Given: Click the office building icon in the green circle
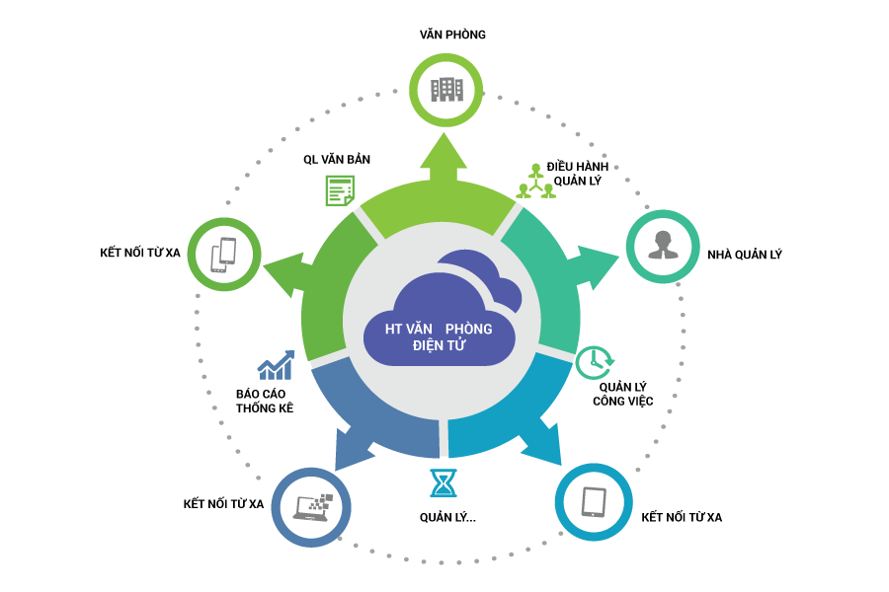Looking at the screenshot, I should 446,90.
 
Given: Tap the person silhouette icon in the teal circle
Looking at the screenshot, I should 662,246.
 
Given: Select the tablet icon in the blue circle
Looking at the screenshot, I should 593,501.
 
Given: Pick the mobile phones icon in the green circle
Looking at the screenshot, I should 224,254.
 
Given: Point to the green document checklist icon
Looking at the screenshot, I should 339,189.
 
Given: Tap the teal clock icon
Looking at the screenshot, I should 594,361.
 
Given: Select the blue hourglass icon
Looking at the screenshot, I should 444,482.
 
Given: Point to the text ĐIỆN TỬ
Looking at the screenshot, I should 439,346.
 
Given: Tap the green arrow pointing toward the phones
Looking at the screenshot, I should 286,272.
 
